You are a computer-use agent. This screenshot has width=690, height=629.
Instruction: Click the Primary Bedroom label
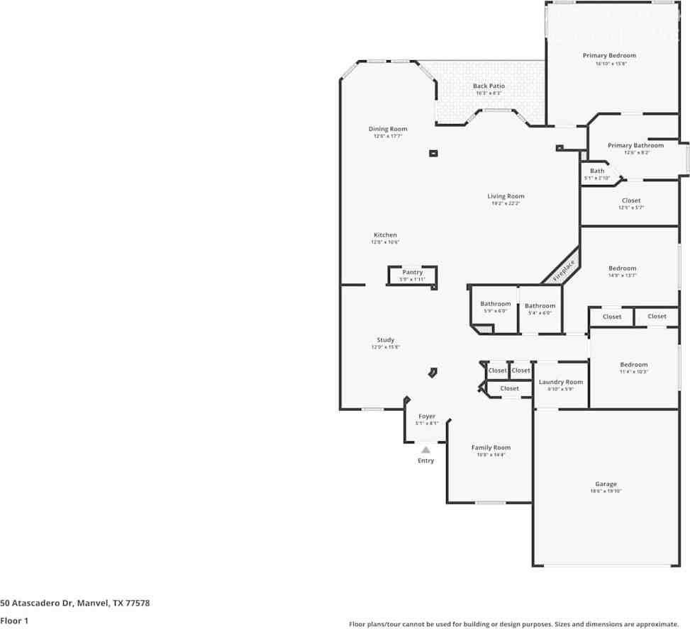pyautogui.click(x=609, y=55)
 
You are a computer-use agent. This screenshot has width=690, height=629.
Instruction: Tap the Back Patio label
pyautogui.click(x=489, y=86)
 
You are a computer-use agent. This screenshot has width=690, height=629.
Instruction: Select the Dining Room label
pyautogui.click(x=387, y=129)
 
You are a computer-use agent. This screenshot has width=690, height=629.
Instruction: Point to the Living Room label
pyautogui.click(x=506, y=196)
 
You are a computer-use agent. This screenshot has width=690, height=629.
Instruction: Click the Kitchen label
pyautogui.click(x=385, y=234)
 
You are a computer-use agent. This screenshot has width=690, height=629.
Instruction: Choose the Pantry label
pyautogui.click(x=412, y=272)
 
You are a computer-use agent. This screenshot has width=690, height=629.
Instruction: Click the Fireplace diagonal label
pyautogui.click(x=564, y=271)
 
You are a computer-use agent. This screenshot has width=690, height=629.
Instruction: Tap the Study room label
pyautogui.click(x=385, y=340)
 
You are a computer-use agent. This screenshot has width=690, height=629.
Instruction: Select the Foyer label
pyautogui.click(x=426, y=416)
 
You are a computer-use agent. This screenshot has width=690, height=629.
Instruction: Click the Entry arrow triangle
pyautogui.click(x=425, y=449)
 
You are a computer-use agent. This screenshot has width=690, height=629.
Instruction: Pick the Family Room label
pyautogui.click(x=491, y=448)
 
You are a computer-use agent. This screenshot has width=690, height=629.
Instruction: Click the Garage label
pyautogui.click(x=606, y=484)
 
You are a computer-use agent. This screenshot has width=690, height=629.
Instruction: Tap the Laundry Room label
pyautogui.click(x=560, y=382)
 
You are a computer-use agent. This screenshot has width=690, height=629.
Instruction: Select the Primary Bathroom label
pyautogui.click(x=635, y=145)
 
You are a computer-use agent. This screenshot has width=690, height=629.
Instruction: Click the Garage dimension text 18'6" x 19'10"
pyautogui.click(x=606, y=492)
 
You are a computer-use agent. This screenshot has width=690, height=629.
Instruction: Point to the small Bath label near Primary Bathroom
pyautogui.click(x=597, y=171)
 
